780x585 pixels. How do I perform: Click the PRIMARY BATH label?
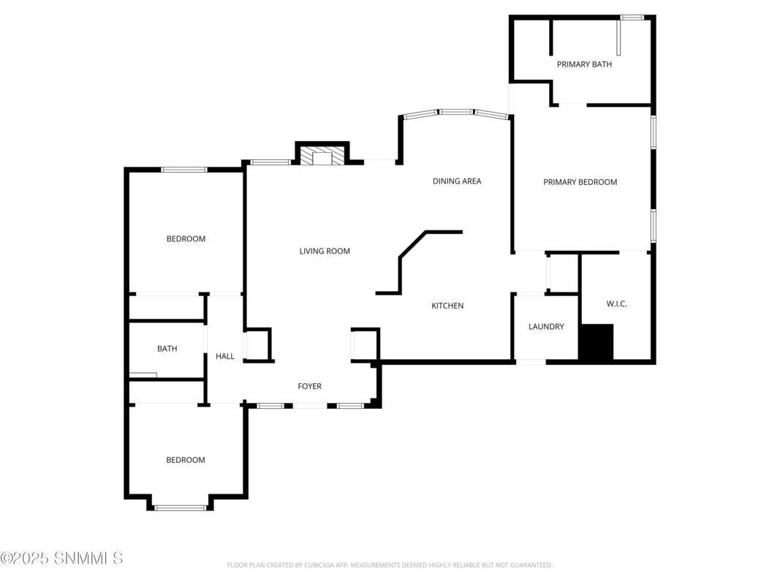pyautogui.click(x=584, y=64)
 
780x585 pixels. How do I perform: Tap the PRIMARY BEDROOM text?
pyautogui.click(x=580, y=182)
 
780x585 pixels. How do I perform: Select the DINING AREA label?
pyautogui.click(x=457, y=181)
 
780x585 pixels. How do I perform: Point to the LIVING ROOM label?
pyautogui.click(x=325, y=252)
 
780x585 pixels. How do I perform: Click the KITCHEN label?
pyautogui.click(x=447, y=306)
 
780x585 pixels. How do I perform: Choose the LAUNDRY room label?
pyautogui.click(x=546, y=326)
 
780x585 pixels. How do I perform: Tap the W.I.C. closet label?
pyautogui.click(x=616, y=304)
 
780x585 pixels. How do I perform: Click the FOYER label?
pyautogui.click(x=309, y=386)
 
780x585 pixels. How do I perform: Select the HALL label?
pyautogui.click(x=225, y=356)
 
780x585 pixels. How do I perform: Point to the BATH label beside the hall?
pyautogui.click(x=167, y=349)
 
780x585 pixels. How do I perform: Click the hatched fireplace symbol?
pyautogui.click(x=322, y=155)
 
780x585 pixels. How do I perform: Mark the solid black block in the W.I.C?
pyautogui.click(x=596, y=341)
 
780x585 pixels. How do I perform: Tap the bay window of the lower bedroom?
pyautogui.click(x=180, y=508)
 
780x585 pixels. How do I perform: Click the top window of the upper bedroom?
pyautogui.click(x=184, y=170)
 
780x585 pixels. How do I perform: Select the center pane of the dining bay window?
pyautogui.click(x=455, y=112)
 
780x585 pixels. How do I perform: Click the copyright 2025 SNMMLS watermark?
pyautogui.click(x=61, y=558)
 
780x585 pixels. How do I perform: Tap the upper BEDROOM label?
pyautogui.click(x=186, y=239)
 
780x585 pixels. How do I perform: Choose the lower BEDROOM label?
pyautogui.click(x=186, y=460)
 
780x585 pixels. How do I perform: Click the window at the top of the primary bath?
pyautogui.click(x=632, y=18)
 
